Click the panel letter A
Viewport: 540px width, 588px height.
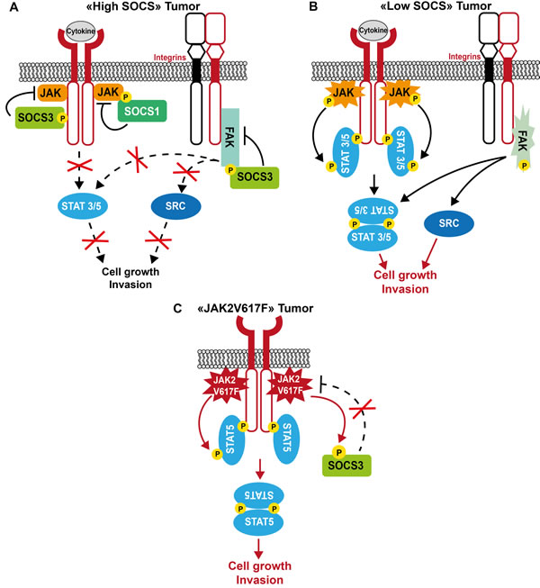coord(7,8)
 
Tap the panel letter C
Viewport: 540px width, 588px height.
coord(175,309)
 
